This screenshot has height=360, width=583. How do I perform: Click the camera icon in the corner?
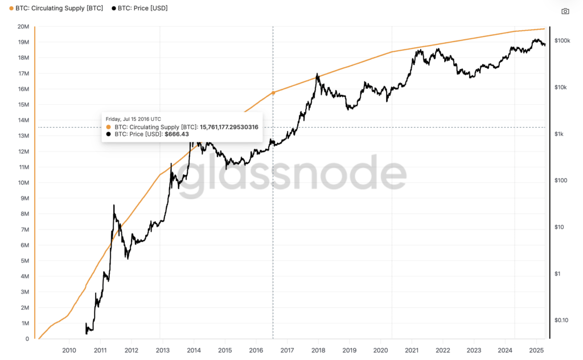(565, 11)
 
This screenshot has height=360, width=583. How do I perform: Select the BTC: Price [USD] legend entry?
(139, 9)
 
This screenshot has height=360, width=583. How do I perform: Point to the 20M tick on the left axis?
(23, 27)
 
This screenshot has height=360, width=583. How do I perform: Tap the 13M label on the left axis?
(23, 136)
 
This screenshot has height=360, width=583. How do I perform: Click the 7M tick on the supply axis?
(25, 230)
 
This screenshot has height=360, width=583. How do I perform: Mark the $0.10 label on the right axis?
(561, 320)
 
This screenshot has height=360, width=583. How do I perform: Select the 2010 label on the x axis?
(69, 350)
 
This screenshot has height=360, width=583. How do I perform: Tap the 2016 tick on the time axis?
(256, 350)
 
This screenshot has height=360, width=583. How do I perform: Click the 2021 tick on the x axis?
(412, 350)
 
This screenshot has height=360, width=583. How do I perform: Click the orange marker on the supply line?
(273, 92)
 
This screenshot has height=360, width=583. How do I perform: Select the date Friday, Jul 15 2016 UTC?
(137, 119)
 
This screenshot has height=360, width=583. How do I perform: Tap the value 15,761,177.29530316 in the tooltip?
(229, 126)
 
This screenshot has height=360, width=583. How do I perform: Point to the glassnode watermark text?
(291, 174)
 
